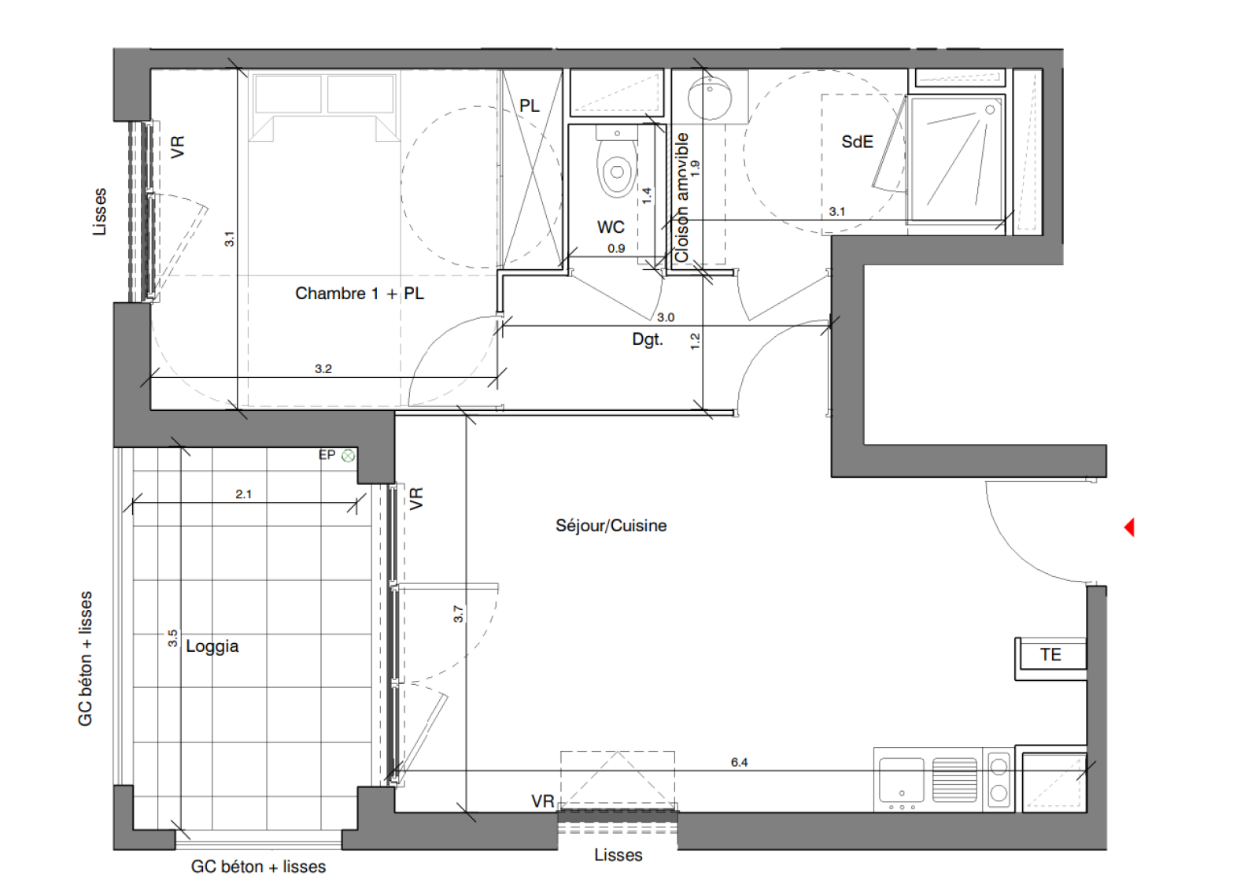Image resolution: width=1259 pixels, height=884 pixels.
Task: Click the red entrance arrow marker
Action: [x=1128, y=527]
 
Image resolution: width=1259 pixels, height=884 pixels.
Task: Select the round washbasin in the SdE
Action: [x=711, y=98]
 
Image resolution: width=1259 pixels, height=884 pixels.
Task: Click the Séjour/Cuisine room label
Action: [x=611, y=525]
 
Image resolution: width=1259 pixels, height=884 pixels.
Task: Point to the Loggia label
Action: [x=212, y=646]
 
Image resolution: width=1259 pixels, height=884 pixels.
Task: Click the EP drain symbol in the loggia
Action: [x=349, y=456]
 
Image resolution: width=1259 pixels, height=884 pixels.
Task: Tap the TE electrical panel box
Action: [x=1051, y=654]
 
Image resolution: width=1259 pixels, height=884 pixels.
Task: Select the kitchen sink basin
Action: [x=902, y=779]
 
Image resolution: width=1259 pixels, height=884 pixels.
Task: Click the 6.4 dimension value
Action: [x=739, y=762]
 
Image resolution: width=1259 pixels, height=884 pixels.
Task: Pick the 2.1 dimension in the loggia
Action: [x=243, y=494]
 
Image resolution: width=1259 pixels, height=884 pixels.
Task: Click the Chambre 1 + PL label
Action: [x=360, y=293]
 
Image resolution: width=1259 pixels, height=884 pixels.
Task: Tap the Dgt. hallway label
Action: [x=648, y=339]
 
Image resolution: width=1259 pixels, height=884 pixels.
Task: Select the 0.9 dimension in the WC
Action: [x=616, y=248]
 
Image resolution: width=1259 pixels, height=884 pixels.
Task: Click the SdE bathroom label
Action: [x=857, y=142]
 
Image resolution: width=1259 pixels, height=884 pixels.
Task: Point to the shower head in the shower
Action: [x=990, y=109]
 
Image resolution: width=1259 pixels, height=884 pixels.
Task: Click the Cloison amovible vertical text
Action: [x=681, y=198]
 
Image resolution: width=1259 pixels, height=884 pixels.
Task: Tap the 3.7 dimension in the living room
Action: [x=459, y=613]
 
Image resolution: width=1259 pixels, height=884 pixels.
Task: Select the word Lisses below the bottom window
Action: [x=618, y=855]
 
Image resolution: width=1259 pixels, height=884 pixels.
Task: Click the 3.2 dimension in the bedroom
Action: [x=323, y=369]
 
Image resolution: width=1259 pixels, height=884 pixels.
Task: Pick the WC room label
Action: [x=611, y=227]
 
